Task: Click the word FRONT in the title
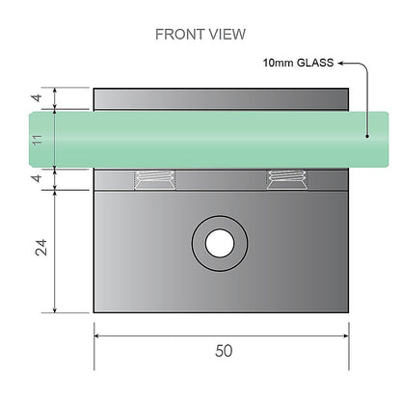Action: [x=178, y=35]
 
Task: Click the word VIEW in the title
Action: [x=226, y=35]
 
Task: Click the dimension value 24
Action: [x=39, y=251]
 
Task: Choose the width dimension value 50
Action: [x=224, y=351]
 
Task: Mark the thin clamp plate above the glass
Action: [x=220, y=99]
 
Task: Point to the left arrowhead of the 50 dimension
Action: [x=98, y=335]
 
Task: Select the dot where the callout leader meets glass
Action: [x=366, y=136]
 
